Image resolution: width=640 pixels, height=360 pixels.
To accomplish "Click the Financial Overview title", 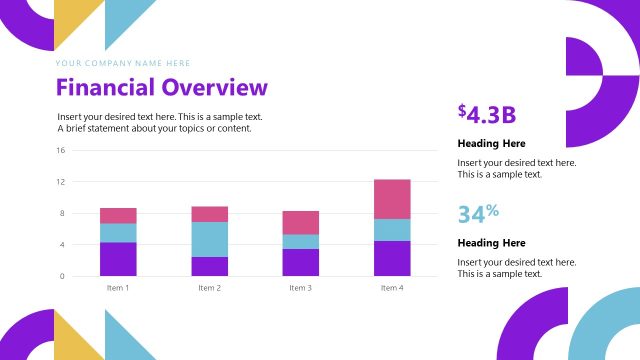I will point(162,88).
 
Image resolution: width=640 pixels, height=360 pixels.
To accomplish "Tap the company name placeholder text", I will point(123,63).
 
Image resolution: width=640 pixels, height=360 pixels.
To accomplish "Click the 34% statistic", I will point(478,213).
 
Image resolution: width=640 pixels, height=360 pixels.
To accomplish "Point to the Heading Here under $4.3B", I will point(491,143).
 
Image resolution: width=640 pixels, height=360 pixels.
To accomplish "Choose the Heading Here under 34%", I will point(491,243).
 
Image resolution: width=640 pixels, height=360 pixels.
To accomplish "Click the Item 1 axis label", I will point(118,288).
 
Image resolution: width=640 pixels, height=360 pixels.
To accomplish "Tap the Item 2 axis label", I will point(209,288).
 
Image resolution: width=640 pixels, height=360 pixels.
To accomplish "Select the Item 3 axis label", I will point(300,288).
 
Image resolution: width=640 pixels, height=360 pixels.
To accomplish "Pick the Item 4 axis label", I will point(392,288).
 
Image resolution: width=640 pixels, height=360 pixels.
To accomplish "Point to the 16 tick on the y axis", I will point(60,151).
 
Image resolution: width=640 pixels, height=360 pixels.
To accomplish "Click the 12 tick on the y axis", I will point(60,182).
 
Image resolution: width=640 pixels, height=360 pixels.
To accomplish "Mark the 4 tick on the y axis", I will point(62,245).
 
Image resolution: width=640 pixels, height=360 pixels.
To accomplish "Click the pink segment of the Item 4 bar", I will point(392,199).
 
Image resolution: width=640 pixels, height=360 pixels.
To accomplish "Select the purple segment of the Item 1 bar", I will point(118,259).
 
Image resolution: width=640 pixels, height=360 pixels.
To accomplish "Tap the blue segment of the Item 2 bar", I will point(209,239).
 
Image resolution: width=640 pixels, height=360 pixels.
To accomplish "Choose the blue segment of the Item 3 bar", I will point(300,242).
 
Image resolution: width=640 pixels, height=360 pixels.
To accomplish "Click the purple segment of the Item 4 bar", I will point(392,258).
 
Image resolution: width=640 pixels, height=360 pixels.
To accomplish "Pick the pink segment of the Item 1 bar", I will point(118,215).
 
